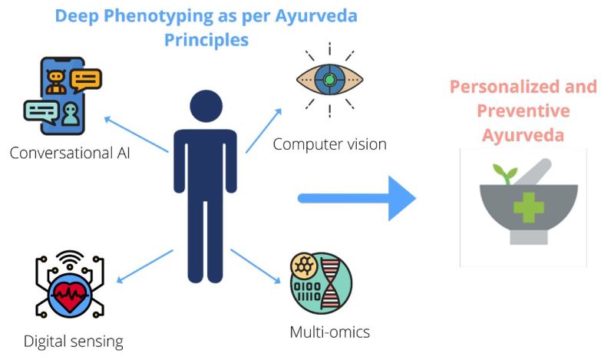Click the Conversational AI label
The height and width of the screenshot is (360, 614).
click(x=70, y=152)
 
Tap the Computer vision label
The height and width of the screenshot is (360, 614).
click(x=329, y=144)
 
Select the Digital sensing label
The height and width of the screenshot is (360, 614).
click(x=73, y=340)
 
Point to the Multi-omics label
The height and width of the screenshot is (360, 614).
click(x=329, y=332)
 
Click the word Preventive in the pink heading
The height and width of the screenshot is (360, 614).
click(x=523, y=111)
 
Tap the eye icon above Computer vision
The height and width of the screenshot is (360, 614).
click(x=329, y=80)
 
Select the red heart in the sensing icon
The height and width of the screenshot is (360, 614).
click(x=69, y=294)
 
